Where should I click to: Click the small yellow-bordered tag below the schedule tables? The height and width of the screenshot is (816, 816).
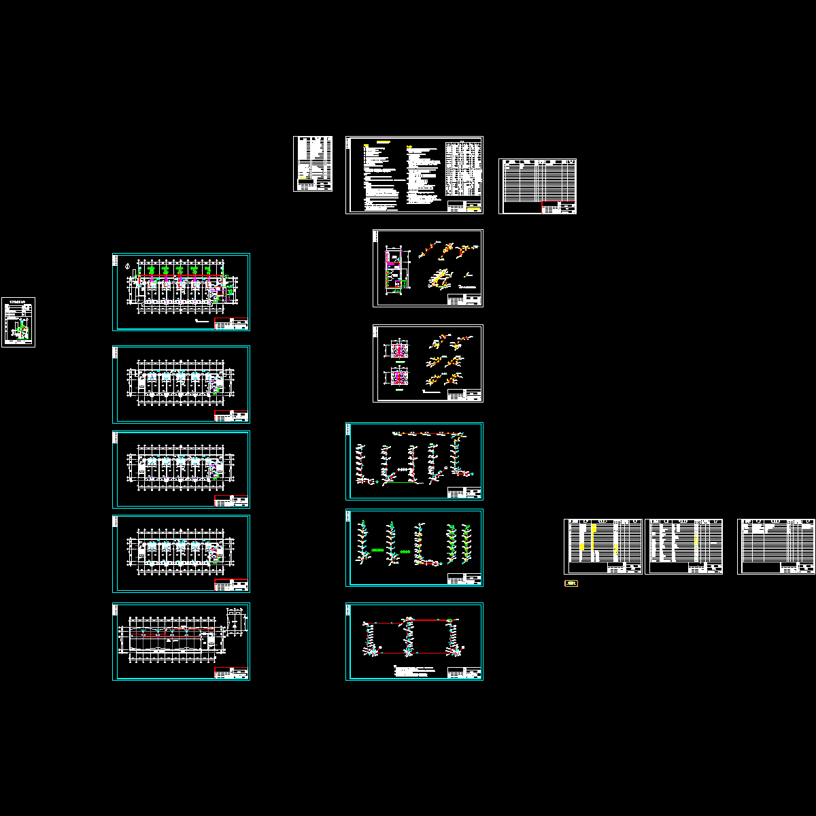571,583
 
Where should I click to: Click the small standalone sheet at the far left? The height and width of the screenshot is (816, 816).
18,322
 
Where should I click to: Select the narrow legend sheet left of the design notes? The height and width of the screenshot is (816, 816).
313,164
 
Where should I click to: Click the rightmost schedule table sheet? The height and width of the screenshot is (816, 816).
776,547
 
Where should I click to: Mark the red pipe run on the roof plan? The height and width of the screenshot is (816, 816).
170,634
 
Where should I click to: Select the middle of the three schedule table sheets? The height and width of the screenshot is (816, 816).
683,547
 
